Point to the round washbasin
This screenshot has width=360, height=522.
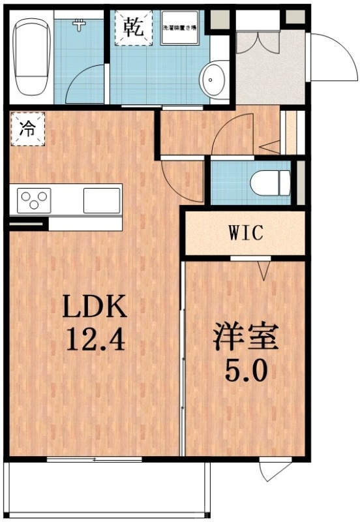click(x=212, y=81)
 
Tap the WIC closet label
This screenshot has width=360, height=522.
click(x=246, y=233)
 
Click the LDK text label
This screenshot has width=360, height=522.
click(x=93, y=306)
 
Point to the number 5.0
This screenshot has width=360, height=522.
click(x=246, y=373)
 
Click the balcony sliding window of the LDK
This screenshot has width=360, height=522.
click(x=95, y=460)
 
